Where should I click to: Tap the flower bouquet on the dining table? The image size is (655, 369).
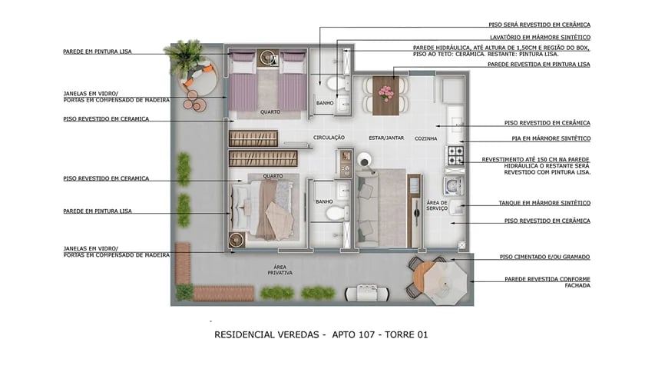tap(385, 92)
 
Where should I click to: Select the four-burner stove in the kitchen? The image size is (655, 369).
tap(455, 155)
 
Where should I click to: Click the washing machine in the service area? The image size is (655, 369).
tap(451, 184)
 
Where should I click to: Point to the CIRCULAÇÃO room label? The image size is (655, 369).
tap(329, 138)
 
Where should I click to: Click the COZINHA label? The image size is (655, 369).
tap(425, 138)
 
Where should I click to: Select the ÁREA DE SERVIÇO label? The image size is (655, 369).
tap(437, 206)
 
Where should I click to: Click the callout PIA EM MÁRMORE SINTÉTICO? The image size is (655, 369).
tap(547, 138)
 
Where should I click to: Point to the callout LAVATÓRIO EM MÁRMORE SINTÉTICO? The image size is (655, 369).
tap(540, 37)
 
